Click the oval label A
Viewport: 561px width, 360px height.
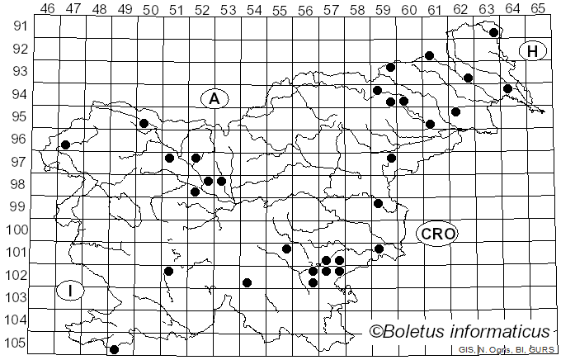click(214, 99)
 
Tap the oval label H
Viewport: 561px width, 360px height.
click(533, 51)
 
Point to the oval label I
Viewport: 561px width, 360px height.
click(71, 290)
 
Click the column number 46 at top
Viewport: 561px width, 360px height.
click(48, 9)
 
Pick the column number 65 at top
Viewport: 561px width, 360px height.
click(537, 9)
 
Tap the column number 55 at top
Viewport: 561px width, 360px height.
click(279, 9)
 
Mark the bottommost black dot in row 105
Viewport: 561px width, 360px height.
click(114, 349)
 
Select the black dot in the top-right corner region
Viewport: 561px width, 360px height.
click(493, 33)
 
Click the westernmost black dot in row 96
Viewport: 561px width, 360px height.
click(65, 145)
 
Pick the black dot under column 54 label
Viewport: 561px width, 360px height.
click(247, 282)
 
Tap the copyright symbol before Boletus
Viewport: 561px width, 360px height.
click(378, 332)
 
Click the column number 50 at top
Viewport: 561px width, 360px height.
click(150, 9)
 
